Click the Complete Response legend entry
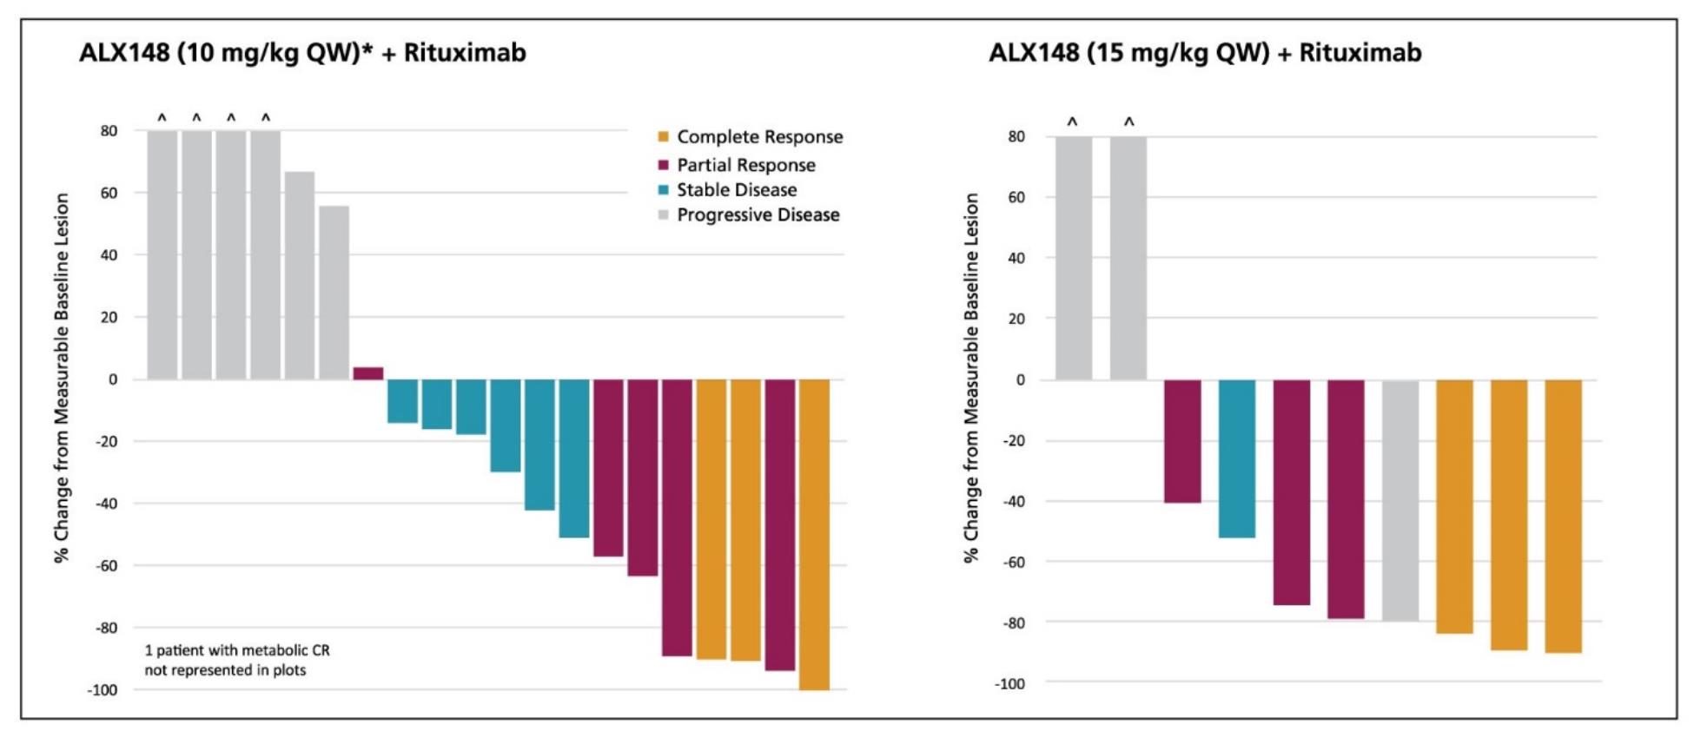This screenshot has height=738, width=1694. (758, 137)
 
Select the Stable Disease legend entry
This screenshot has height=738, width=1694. (736, 190)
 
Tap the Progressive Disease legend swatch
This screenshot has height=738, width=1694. (664, 215)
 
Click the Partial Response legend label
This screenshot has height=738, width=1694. (745, 165)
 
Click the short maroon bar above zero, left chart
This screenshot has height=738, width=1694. (368, 373)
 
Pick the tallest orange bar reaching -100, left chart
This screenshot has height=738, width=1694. (814, 534)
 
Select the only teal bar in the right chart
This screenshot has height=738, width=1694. (1236, 458)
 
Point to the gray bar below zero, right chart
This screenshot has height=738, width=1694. (1400, 500)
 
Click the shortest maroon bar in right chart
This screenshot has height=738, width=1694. (1182, 441)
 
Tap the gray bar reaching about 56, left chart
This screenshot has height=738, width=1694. (334, 293)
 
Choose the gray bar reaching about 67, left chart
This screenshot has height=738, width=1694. (300, 275)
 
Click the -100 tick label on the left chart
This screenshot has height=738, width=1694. (102, 690)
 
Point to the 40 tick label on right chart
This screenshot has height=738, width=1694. (1016, 258)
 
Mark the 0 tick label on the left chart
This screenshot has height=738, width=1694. (112, 379)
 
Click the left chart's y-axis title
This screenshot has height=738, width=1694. (62, 378)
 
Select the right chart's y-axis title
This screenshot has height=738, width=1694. (970, 378)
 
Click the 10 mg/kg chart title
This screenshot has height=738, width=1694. (302, 53)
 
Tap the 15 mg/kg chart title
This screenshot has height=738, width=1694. (1205, 53)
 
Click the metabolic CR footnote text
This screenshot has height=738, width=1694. (236, 660)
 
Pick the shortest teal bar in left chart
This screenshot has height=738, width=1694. (402, 401)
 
